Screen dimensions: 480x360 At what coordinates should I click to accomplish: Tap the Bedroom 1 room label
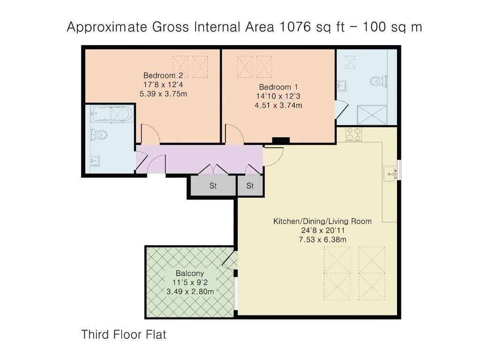[x=278, y=87]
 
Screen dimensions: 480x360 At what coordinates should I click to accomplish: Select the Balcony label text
[x=190, y=273]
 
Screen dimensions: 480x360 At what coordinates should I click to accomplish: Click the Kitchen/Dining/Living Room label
[x=322, y=221]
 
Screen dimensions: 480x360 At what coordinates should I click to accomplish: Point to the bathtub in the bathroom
[x=112, y=114]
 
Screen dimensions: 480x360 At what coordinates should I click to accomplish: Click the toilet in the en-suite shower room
[x=378, y=82]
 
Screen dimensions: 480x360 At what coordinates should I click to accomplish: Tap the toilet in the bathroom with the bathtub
[x=98, y=135]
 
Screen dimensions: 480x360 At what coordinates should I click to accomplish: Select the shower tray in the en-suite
[x=372, y=115]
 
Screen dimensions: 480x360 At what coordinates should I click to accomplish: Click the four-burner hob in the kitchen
[x=354, y=134]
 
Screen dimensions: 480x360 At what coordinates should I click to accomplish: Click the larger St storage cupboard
[x=213, y=186]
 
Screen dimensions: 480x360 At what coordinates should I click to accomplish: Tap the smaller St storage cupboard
[x=250, y=186]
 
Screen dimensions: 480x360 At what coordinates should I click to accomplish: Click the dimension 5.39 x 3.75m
[x=163, y=94]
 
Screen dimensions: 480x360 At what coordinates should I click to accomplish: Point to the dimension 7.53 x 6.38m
[x=322, y=240]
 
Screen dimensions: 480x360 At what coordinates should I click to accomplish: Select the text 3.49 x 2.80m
[x=190, y=292]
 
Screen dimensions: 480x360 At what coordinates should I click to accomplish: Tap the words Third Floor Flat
[x=124, y=334]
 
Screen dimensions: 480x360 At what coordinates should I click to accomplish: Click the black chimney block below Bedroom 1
[x=281, y=141]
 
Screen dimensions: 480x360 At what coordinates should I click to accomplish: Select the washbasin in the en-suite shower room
[x=342, y=86]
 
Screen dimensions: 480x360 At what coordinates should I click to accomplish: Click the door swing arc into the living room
[x=279, y=160]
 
